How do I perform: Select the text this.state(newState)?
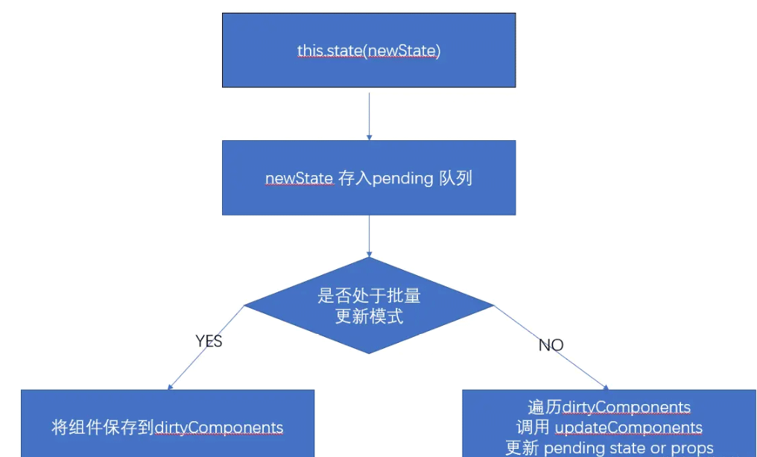pos(368,51)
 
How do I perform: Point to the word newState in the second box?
pos(299,180)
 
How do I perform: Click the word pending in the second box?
pos(402,180)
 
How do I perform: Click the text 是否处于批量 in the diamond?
pos(369,295)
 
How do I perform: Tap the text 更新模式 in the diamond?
pos(369,316)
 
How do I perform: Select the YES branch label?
pos(209,341)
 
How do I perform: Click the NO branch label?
pos(551,345)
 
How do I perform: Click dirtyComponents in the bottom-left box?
pos(219,428)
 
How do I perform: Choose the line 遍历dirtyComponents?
pos(609,407)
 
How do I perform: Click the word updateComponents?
pos(629,428)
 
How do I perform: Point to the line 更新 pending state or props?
pos(609,448)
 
